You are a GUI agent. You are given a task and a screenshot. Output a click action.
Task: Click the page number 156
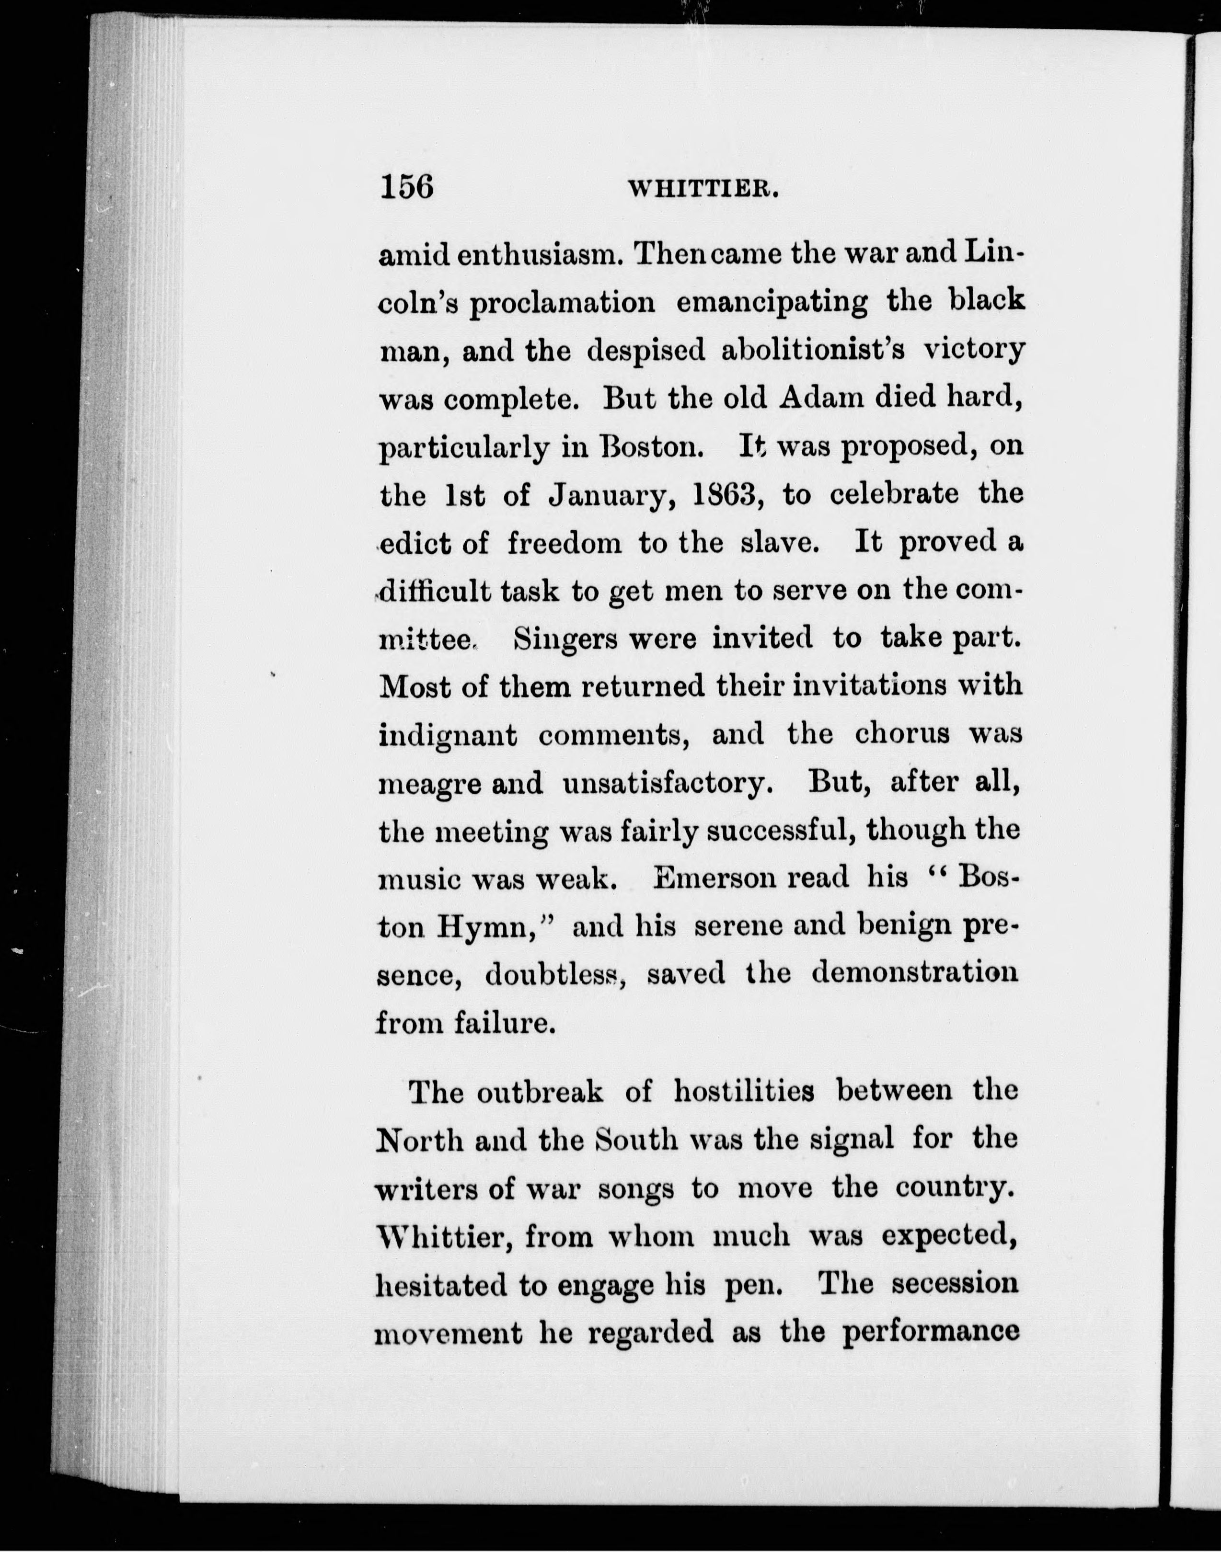pyautogui.click(x=407, y=187)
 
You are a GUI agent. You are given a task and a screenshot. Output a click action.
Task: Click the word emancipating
pyautogui.click(x=772, y=303)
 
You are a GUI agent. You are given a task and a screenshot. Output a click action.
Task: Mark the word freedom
pyautogui.click(x=565, y=543)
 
